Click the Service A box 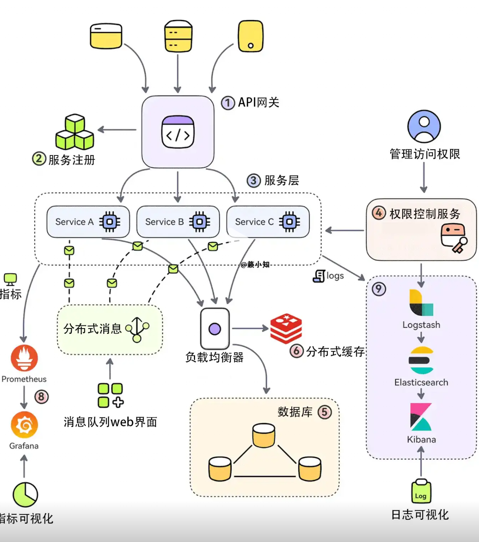[x=88, y=222]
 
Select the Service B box [x=178, y=222]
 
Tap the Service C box [x=268, y=222]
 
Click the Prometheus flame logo [x=24, y=358]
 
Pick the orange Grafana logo [x=24, y=425]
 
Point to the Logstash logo [x=421, y=303]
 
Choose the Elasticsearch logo [x=421, y=360]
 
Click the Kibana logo [x=421, y=417]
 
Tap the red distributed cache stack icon [x=286, y=328]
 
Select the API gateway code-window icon [x=178, y=132]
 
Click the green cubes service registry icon [x=75, y=132]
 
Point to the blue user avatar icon [x=424, y=126]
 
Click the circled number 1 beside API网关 [x=228, y=103]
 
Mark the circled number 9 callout [x=379, y=289]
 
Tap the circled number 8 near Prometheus [x=41, y=397]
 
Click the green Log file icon [x=421, y=491]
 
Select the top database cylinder [x=263, y=435]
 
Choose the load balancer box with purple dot [x=215, y=329]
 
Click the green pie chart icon [x=25, y=495]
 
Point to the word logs [x=335, y=276]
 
